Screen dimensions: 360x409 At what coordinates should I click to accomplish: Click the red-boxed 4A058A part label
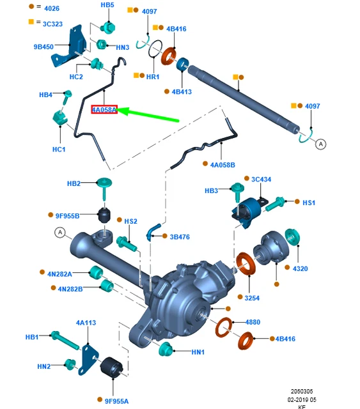(x=104, y=109)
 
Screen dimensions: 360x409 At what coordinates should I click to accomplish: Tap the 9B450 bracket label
(x=43, y=47)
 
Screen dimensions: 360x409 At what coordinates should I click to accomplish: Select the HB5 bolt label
(x=107, y=5)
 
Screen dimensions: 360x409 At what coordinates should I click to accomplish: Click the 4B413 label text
(x=182, y=92)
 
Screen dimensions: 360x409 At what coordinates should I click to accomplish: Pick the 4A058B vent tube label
(x=223, y=165)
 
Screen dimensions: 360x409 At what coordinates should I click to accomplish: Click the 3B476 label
(x=180, y=237)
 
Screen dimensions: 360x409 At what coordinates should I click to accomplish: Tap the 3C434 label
(x=261, y=179)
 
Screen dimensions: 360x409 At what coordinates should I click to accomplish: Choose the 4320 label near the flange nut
(x=301, y=268)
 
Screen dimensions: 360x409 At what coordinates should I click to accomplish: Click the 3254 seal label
(x=252, y=298)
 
